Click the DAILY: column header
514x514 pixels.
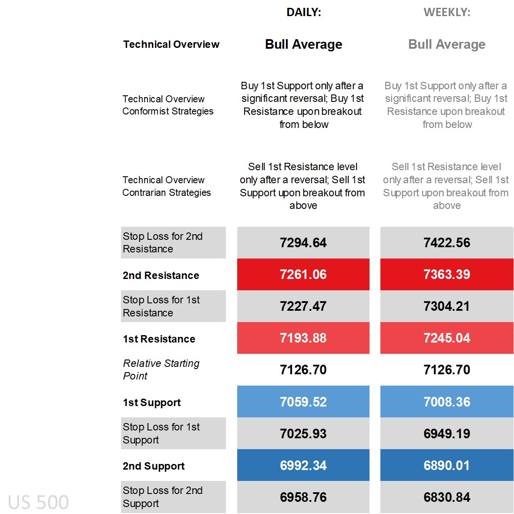click(303, 12)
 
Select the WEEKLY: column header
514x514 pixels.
click(447, 12)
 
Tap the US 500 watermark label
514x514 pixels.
click(38, 502)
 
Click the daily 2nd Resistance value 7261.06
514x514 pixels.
click(303, 274)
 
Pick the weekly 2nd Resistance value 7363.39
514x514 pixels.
click(447, 274)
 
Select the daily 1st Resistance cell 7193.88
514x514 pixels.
click(303, 338)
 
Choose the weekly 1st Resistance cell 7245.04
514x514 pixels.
click(447, 338)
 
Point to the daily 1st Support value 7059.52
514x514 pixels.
click(303, 401)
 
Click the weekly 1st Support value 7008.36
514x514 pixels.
click(447, 401)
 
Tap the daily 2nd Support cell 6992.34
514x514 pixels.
click(303, 465)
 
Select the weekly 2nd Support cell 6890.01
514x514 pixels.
click(447, 465)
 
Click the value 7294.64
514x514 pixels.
click(303, 242)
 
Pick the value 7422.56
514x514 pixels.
click(447, 242)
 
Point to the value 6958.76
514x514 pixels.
click(303, 497)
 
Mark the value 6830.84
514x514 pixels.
click(447, 497)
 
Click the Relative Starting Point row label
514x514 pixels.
click(161, 370)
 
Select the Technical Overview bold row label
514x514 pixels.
click(171, 44)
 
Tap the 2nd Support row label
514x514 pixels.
click(154, 466)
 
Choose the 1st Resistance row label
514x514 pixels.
click(159, 339)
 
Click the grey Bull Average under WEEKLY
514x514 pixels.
click(447, 44)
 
